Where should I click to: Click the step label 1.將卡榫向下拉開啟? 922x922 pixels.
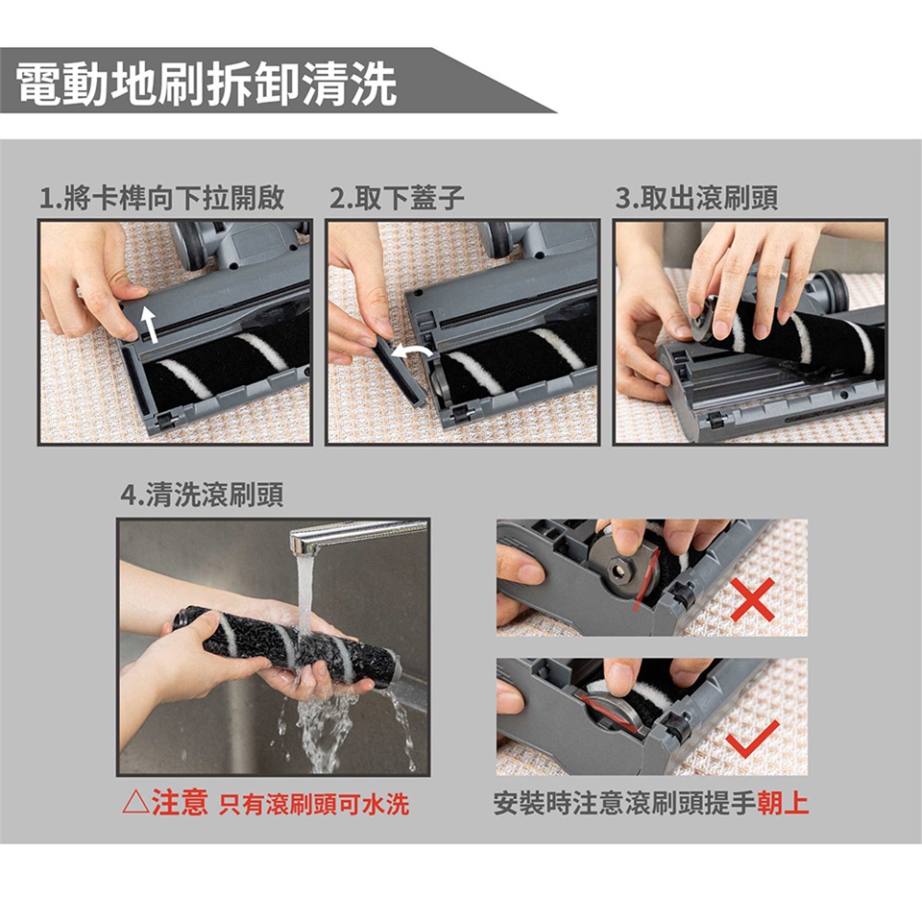point(161,198)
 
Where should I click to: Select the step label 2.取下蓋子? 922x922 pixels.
point(397,198)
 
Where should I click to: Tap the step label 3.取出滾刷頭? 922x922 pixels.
point(697,198)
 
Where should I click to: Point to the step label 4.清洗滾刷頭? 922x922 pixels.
point(202,495)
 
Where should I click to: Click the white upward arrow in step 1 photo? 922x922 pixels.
point(151,326)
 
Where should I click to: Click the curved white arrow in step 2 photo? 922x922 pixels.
point(412,352)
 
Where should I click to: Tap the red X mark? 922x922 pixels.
point(753,599)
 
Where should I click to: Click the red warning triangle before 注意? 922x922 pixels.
point(135,803)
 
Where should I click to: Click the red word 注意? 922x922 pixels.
point(180,803)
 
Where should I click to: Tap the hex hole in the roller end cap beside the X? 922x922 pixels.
point(619,570)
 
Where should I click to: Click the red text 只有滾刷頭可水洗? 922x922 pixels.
point(313,805)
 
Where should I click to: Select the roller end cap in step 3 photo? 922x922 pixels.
point(704,319)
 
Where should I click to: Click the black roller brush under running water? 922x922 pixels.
point(288,646)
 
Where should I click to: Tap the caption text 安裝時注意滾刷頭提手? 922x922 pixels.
point(624,803)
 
